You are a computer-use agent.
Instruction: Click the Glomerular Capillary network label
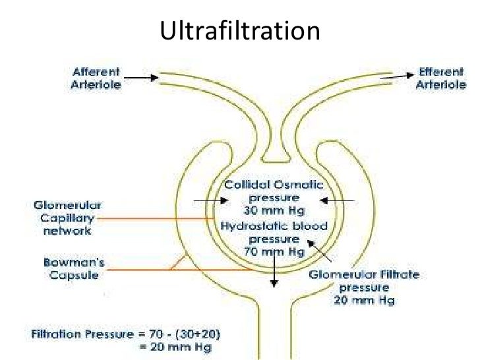coord(63,218)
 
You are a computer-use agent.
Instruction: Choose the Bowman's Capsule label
coord(74,269)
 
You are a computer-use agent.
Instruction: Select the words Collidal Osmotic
coord(272,185)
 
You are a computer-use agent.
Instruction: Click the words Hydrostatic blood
coord(275,226)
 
